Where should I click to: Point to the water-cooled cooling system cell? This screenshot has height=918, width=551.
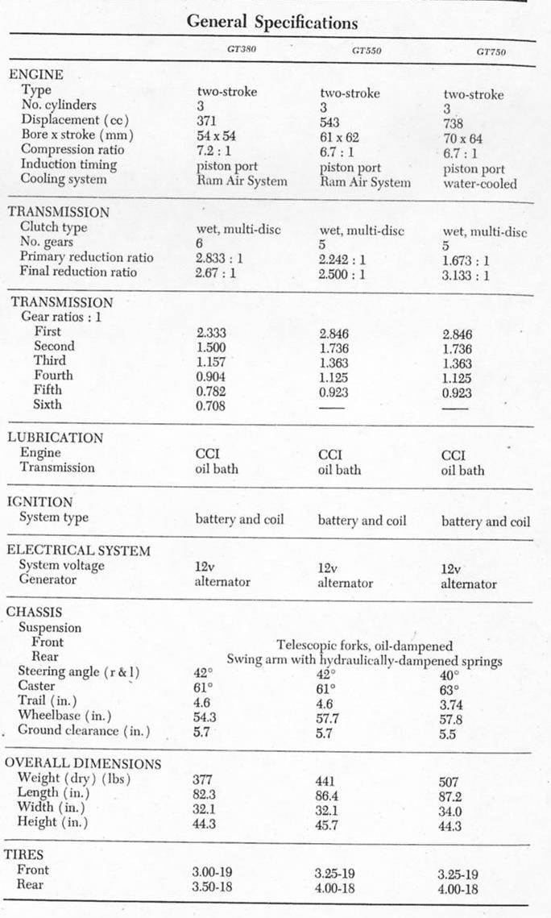(480, 184)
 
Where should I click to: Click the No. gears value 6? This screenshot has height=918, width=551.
(201, 243)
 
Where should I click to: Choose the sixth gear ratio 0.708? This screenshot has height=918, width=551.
(211, 405)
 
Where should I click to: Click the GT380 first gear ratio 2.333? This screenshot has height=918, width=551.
(211, 332)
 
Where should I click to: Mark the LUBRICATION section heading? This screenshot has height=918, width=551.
(55, 438)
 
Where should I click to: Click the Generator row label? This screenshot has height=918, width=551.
(48, 579)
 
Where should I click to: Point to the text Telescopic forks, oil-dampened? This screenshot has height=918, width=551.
(364, 646)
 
